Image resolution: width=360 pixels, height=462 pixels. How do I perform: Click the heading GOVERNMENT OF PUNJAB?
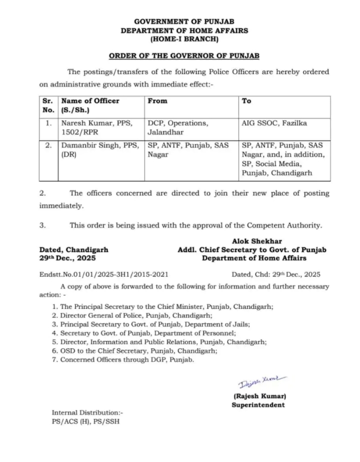[184, 22]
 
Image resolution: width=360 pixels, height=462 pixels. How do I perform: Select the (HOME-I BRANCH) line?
[184, 39]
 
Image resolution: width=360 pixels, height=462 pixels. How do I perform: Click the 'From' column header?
[157, 101]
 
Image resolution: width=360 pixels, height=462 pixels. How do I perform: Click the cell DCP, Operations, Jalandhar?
[177, 128]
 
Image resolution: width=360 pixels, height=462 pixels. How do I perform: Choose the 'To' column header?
[246, 101]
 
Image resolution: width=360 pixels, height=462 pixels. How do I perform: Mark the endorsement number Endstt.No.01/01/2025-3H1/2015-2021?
[103, 274]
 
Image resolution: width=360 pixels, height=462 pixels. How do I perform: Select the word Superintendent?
[258, 404]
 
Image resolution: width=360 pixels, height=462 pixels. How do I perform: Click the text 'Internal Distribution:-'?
[87, 412]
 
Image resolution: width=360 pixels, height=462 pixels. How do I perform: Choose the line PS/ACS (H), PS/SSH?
[85, 421]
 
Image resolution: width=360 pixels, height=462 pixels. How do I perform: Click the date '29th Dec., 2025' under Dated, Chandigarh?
[67, 258]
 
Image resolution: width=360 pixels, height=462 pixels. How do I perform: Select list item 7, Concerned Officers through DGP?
[127, 359]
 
